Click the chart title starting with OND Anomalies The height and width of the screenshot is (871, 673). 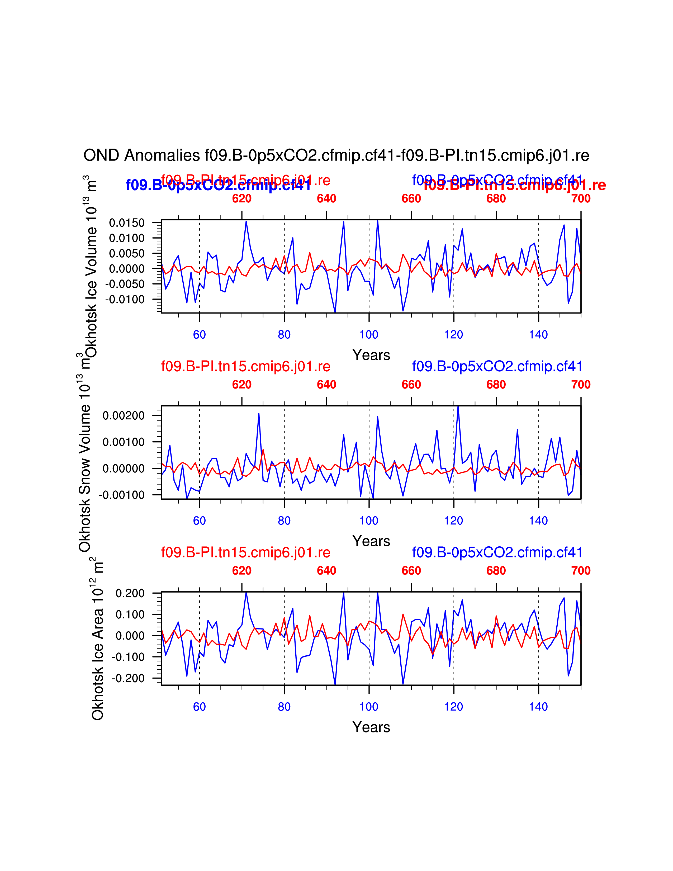pos(336,155)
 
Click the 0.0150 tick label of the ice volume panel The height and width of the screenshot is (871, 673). pos(127,223)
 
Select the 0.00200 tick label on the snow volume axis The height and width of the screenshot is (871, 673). pos(124,415)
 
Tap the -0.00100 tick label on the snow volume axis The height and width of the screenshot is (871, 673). pos(122,495)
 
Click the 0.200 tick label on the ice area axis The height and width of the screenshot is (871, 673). pos(130,593)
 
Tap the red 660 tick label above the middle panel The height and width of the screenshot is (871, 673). pos(411,385)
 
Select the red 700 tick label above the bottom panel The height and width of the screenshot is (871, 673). pos(581,570)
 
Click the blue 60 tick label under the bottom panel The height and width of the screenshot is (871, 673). pos(199,707)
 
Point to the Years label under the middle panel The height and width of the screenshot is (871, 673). pos(371,541)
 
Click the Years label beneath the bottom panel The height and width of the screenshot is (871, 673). pos(371,727)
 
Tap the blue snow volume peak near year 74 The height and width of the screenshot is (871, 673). pos(259,414)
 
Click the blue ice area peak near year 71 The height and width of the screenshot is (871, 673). pos(246,593)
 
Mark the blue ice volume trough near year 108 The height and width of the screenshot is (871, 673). pos(403,311)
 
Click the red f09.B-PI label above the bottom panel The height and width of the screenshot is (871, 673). pos(246,552)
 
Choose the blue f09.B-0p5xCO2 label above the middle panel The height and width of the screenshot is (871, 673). pos(497,366)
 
